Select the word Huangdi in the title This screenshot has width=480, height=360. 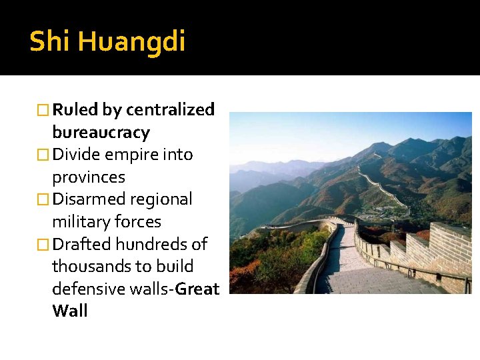click(x=131, y=43)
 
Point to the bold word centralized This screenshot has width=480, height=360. click(x=170, y=109)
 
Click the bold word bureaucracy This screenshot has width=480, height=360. click(x=101, y=132)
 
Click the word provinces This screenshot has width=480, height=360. click(x=89, y=177)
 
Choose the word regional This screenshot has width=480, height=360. click(x=161, y=199)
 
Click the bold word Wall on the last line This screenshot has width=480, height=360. click(x=70, y=311)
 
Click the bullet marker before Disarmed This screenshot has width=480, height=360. click(x=44, y=199)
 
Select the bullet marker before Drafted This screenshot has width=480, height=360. click(x=44, y=244)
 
